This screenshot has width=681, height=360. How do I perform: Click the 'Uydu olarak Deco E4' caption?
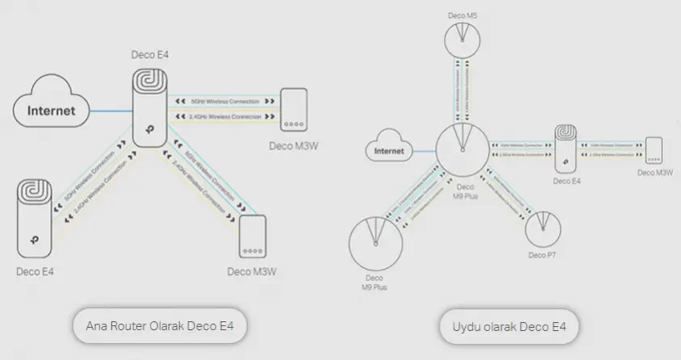point(510,327)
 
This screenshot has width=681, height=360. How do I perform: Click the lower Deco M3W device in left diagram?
point(253,235)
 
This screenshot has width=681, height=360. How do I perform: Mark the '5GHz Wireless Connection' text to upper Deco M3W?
point(225,102)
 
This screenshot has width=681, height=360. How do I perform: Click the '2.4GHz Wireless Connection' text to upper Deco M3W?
point(225,118)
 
